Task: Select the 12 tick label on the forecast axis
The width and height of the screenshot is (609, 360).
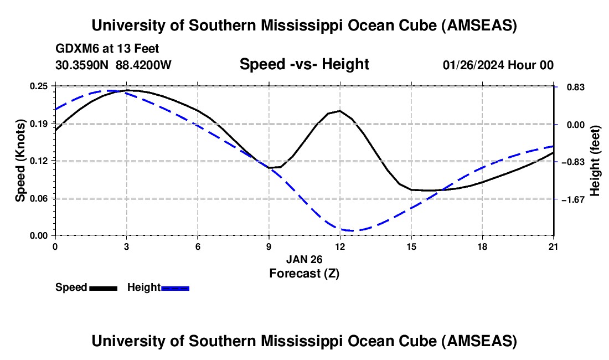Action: [x=340, y=246]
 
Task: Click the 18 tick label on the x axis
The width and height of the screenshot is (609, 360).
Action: [x=482, y=246]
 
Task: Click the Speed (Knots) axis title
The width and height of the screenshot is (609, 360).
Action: [x=20, y=161]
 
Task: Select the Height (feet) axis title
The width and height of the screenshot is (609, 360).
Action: [x=596, y=161]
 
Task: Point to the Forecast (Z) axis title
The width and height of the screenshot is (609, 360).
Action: [x=304, y=273]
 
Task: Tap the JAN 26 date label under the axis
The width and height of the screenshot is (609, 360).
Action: [x=304, y=259]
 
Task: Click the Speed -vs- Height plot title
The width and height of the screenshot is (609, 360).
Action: [x=304, y=64]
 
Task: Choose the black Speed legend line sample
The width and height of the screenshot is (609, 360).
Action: [x=103, y=288]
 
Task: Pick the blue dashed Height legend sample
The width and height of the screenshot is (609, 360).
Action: [x=176, y=288]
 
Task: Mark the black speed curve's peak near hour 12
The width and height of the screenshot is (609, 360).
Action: [x=339, y=111]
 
